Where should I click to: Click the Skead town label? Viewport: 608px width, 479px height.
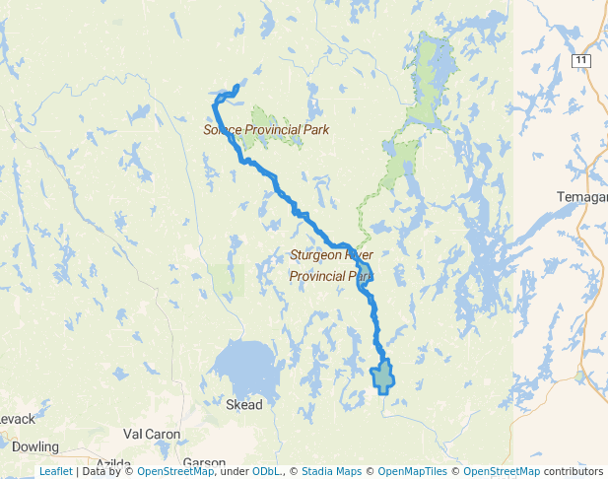[244, 405]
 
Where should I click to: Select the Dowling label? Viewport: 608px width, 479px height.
[35, 446]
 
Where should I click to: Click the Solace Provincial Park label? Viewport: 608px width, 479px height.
[266, 129]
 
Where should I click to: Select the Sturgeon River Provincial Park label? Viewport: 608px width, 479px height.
[331, 265]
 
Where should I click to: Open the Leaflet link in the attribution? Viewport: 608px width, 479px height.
[55, 472]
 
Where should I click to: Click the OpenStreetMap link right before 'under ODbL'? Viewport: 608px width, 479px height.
[175, 472]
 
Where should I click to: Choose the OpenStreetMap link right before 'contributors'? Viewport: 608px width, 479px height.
[502, 472]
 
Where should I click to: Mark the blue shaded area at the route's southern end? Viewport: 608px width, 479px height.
[382, 376]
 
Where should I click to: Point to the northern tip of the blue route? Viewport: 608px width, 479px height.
[236, 86]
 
